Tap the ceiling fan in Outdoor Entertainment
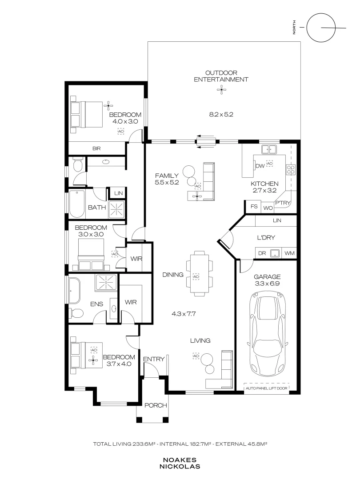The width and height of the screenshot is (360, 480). pos(221,90)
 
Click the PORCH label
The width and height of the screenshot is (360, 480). pos(156,405)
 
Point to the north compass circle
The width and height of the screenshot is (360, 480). pos(321,28)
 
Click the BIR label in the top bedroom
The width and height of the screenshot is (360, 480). pos(96,148)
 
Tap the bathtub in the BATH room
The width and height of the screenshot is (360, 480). pos(76,204)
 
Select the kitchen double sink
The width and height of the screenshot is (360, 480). pos(269,149)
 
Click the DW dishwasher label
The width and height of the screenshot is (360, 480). pos(260,166)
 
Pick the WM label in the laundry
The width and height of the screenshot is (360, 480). pos(289,253)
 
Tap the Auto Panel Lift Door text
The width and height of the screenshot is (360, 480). pos(266,388)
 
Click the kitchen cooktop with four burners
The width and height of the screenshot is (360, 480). pos(291,169)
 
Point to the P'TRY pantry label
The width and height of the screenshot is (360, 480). pos(282,203)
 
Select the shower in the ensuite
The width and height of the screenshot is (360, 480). pos(106,282)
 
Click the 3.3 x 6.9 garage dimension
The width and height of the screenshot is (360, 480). pos(267,284)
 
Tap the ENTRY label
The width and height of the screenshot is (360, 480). pos(154,359)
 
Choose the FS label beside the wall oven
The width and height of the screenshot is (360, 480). pos(254,206)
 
